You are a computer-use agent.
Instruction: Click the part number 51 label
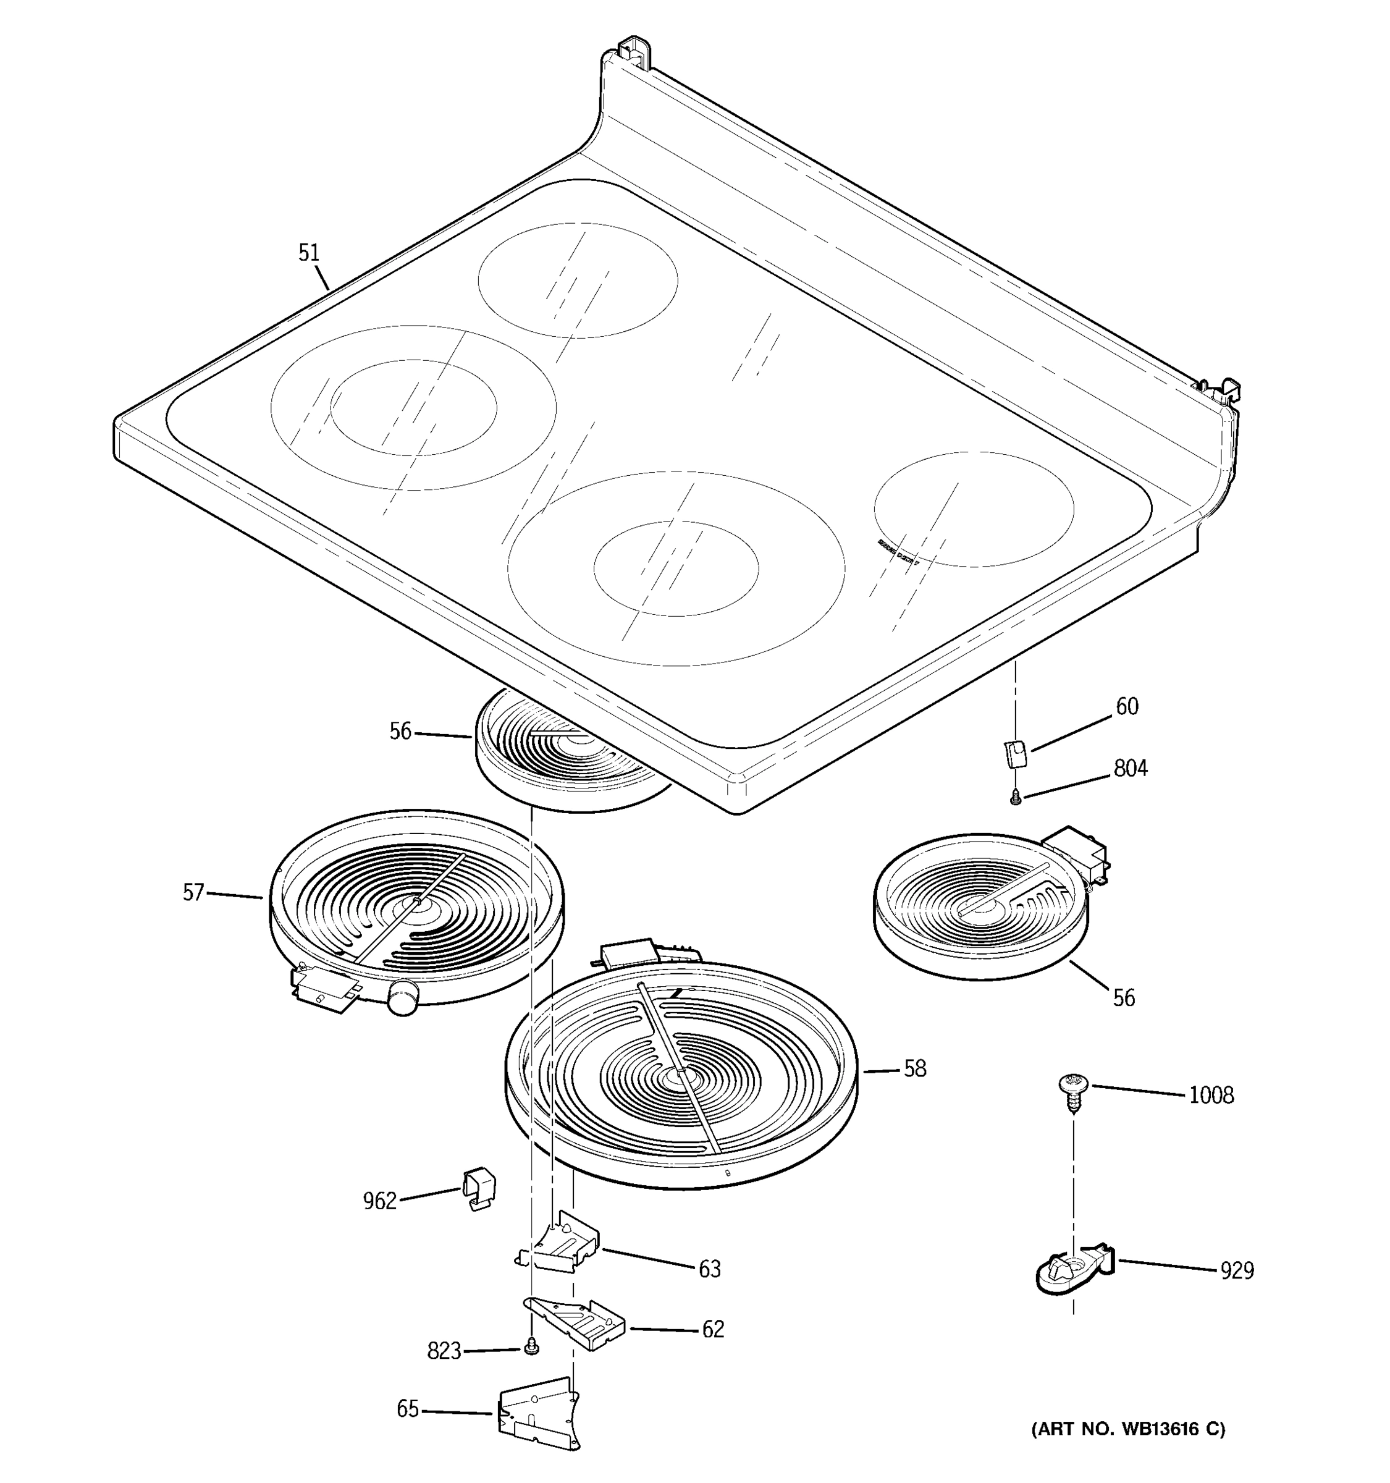[309, 253]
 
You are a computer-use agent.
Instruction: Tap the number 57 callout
[193, 892]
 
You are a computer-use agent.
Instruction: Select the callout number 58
[915, 1069]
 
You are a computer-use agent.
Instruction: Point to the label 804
[1131, 768]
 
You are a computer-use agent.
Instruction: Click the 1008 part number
[1211, 1096]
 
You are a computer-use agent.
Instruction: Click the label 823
[444, 1351]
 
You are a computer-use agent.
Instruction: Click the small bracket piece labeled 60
[1015, 753]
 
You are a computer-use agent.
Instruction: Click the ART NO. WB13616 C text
[1127, 1428]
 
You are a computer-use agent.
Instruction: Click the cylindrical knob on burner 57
[403, 997]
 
